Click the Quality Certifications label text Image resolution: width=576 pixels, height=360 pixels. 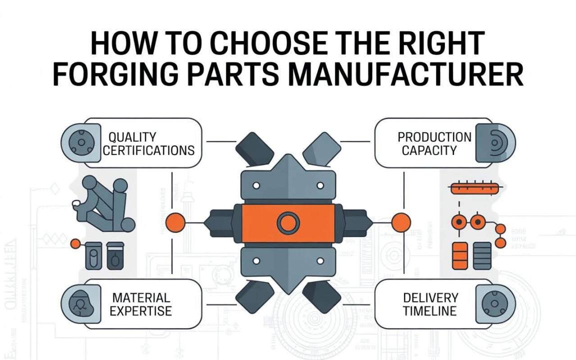(148, 143)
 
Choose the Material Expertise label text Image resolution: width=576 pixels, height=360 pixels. (140, 304)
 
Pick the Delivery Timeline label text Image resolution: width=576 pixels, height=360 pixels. (430, 304)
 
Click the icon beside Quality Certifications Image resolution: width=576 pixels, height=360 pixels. (78, 142)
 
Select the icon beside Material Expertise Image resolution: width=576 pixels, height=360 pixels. (78, 303)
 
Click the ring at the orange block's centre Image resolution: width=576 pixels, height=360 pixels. (288, 222)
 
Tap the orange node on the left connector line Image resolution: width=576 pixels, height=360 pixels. (175, 222)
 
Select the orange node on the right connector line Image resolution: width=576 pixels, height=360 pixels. (400, 222)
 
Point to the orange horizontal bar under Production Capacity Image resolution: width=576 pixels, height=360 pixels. (474, 188)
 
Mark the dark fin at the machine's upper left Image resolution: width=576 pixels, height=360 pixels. (253, 147)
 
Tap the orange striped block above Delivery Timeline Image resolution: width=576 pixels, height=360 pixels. (459, 255)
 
